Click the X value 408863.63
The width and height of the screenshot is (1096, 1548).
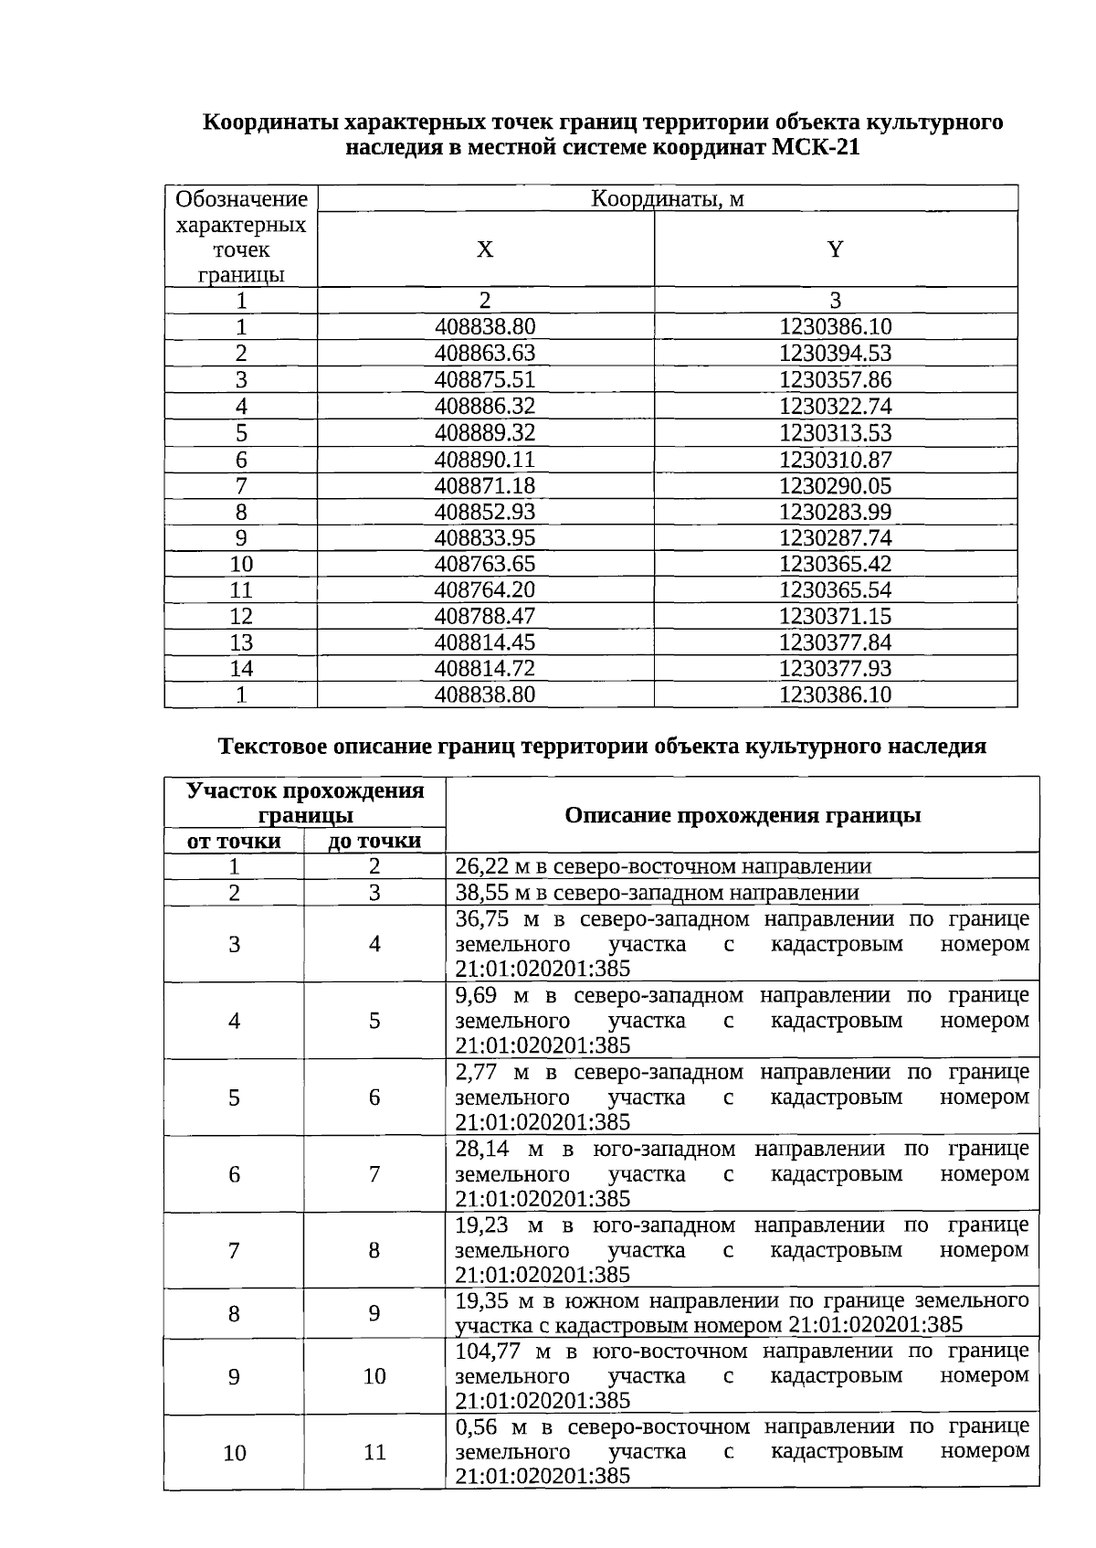[x=485, y=354]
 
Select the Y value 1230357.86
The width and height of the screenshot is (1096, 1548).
[x=835, y=380]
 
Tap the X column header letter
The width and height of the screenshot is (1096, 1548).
[x=485, y=249]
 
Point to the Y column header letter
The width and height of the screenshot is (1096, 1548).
[x=835, y=249]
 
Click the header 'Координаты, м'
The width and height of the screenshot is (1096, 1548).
[x=667, y=198]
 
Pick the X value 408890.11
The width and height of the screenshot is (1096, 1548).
[x=485, y=460]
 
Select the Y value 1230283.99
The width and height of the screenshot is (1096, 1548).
[x=835, y=512]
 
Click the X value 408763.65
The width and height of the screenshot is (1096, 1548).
[x=485, y=564]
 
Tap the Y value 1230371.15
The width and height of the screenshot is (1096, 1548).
[x=835, y=617]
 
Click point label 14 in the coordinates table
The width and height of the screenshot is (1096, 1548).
[x=241, y=669]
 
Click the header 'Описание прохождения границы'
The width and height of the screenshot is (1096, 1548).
[x=742, y=815]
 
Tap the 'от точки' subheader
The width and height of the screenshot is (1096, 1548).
[x=234, y=841]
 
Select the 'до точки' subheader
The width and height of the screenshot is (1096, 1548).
[x=374, y=841]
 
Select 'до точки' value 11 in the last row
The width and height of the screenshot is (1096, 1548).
[x=374, y=1452]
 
